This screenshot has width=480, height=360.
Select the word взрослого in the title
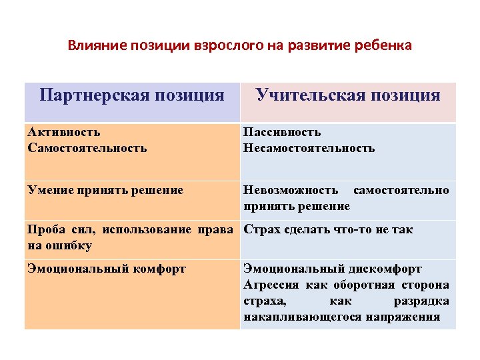tap(221, 46)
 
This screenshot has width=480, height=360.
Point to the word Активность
tap(64, 132)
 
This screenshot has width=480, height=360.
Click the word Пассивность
tap(282, 132)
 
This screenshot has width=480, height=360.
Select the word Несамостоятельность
tap(309, 147)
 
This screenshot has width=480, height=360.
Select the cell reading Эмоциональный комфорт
tap(107, 269)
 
